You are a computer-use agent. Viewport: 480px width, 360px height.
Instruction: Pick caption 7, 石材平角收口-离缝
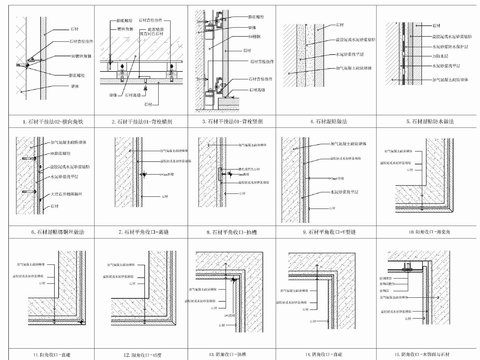coord(142,229)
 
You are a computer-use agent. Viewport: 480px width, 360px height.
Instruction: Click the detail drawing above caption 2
coord(142,60)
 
